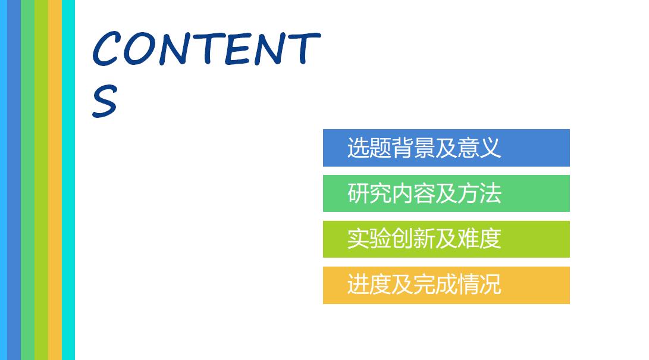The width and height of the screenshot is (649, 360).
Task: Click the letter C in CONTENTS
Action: tap(107, 49)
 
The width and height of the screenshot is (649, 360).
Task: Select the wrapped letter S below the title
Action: tap(104, 101)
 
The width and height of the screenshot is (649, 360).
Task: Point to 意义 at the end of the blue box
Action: tap(479, 148)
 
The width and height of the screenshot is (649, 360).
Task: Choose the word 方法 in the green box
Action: tap(479, 193)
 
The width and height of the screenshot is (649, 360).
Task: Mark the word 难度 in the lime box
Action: tap(479, 239)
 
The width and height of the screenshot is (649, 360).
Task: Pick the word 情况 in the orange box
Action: tap(479, 285)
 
